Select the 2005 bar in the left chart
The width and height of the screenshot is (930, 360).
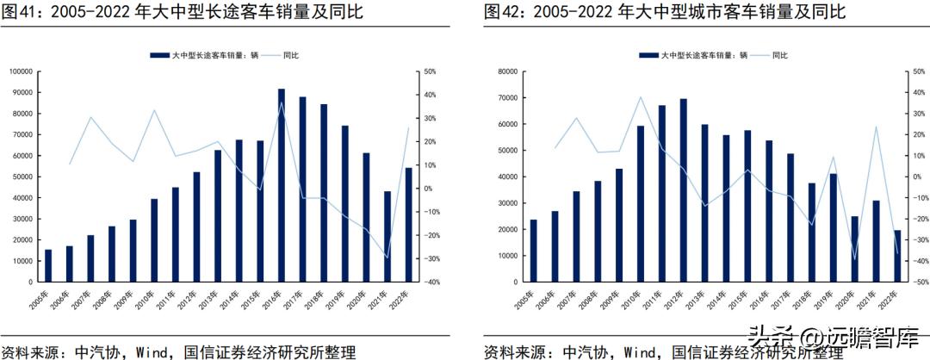tap(48, 265)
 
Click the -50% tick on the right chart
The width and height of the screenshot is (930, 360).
tap(917, 282)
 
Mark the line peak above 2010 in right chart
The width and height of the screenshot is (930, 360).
tap(640, 96)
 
